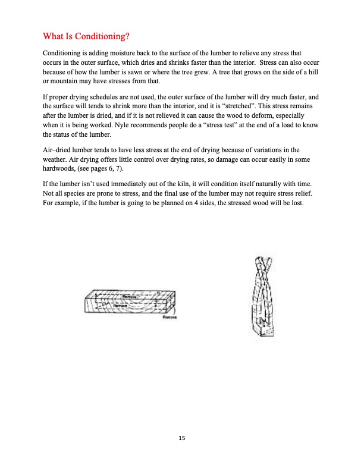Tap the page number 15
pos(182,438)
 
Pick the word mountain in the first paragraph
pos(67,81)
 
